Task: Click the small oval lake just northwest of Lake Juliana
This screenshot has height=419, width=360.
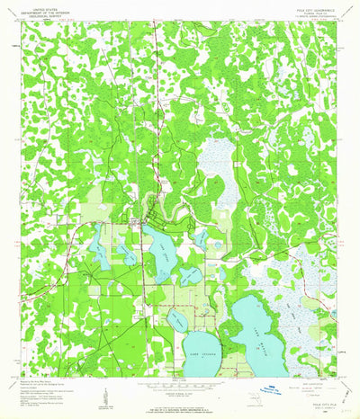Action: [177, 319]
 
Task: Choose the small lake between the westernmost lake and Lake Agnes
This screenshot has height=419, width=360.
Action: [129, 254]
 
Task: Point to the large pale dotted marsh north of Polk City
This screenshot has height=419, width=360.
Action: [216, 166]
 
